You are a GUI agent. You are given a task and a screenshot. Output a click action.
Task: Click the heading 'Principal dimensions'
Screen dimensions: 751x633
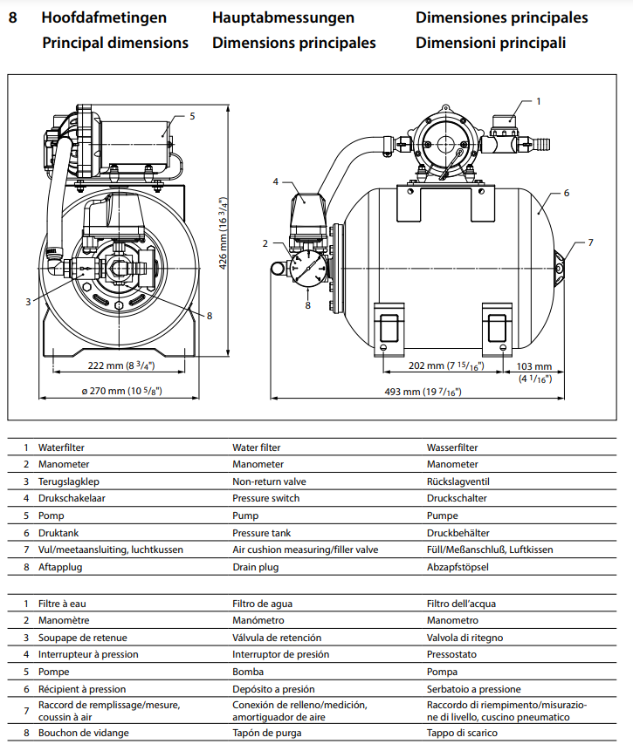coord(115,43)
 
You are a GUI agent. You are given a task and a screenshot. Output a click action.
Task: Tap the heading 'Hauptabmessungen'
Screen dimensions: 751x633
coord(283,17)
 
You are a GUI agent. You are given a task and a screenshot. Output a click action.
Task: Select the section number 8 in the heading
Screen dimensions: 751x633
coord(12,17)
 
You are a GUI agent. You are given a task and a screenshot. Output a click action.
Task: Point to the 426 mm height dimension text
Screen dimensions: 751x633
coord(223,233)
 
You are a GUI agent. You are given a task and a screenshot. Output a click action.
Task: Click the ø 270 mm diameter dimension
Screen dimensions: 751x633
coord(120,392)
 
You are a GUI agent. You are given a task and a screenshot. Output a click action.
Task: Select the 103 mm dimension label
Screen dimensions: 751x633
coord(534,367)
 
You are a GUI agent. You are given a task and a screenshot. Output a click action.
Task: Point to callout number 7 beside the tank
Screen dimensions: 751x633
coord(590,242)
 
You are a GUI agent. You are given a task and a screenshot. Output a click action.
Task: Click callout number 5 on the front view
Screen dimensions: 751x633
coord(191,115)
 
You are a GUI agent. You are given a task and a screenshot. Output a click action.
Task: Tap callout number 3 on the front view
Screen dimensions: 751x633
coord(28,302)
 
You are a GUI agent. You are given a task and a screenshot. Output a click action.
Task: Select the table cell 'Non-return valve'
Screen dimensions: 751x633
coord(269,481)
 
